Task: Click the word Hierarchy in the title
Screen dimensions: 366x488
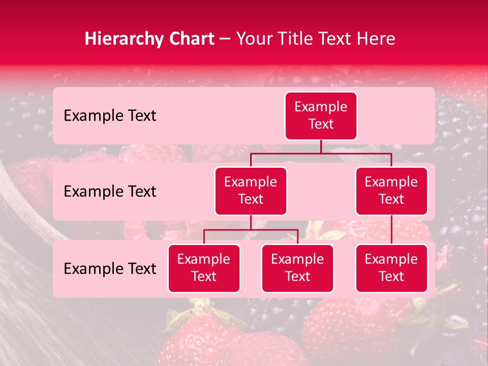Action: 122,39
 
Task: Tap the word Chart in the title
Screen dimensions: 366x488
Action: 189,39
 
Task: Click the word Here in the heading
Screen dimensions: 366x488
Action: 376,39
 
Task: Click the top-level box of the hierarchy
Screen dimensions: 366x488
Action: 321,115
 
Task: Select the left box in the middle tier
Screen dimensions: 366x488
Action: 251,191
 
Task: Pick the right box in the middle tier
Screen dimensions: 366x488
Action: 391,191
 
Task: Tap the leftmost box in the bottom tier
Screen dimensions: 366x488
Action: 204,268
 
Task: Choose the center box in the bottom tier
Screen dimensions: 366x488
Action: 297,268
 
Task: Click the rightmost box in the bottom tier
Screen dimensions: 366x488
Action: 391,268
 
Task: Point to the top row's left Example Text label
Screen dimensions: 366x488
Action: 110,116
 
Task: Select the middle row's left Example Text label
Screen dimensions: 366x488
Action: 110,192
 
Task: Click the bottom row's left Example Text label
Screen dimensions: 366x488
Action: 110,269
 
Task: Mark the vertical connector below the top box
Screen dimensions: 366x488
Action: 321,146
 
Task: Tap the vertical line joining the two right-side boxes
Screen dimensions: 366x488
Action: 391,230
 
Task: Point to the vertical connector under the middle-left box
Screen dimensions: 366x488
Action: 251,223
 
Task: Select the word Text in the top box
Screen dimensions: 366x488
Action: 321,124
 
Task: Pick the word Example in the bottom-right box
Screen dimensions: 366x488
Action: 391,259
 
